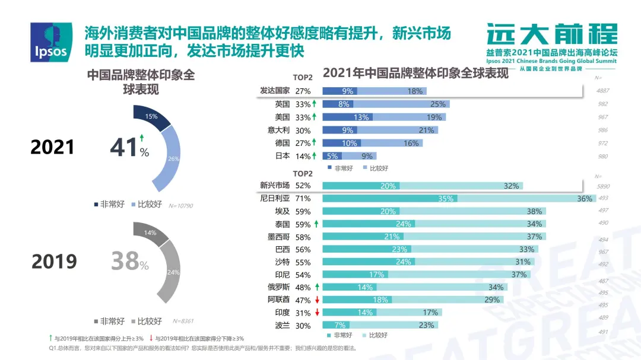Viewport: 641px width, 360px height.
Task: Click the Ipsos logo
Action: pyautogui.click(x=51, y=43)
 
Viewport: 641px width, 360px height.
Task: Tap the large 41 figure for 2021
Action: pyautogui.click(x=125, y=147)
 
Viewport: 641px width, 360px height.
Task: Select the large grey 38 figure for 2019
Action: pyautogui.click(x=125, y=261)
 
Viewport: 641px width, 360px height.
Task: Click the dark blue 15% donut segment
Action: pyautogui.click(x=151, y=117)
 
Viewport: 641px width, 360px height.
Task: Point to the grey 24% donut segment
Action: pyautogui.click(x=172, y=273)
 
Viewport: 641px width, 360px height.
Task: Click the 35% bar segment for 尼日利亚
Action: pyautogui.click(x=445, y=199)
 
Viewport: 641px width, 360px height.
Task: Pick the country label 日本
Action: pyautogui.click(x=283, y=156)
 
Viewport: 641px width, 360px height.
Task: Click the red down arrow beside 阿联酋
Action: pyautogui.click(x=318, y=300)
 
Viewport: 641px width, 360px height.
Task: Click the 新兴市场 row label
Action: pyautogui.click(x=275, y=185)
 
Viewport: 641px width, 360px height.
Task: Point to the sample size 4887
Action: pyautogui.click(x=602, y=91)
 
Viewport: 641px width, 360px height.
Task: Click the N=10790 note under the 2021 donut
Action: pyautogui.click(x=181, y=206)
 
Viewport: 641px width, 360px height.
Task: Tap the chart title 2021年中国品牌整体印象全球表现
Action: pyautogui.click(x=415, y=74)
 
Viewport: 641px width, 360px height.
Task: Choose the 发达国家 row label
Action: pyautogui.click(x=275, y=91)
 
